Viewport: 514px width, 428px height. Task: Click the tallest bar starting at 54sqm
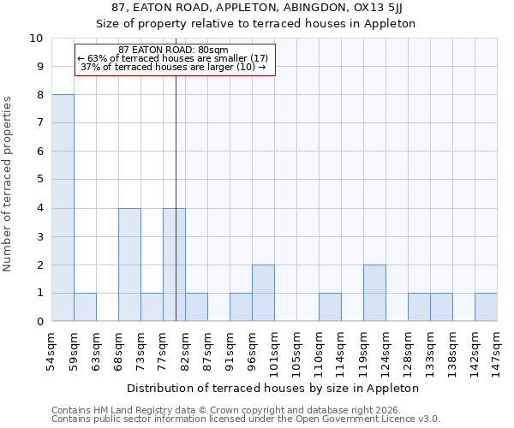tap(63, 208)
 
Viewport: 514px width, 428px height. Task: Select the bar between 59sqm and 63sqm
tap(85, 307)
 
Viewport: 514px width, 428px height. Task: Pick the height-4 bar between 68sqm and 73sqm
tap(129, 265)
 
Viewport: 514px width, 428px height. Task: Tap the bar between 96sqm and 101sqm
tap(263, 293)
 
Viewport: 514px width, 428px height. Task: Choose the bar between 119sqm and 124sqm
tap(374, 293)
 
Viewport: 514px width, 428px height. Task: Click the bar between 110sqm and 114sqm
tap(330, 307)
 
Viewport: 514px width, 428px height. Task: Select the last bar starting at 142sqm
tap(486, 307)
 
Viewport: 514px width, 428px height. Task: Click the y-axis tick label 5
tap(39, 180)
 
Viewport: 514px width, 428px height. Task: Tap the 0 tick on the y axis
tap(39, 321)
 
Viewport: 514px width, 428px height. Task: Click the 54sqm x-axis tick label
tap(51, 349)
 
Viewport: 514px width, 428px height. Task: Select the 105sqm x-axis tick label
tap(296, 352)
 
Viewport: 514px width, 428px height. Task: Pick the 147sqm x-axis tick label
tap(497, 352)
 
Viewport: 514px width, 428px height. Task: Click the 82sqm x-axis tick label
tap(185, 349)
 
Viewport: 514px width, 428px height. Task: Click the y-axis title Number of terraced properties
tap(8, 183)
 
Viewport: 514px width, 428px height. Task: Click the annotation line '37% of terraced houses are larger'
tap(173, 67)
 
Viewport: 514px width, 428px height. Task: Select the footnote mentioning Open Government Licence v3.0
tap(246, 419)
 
